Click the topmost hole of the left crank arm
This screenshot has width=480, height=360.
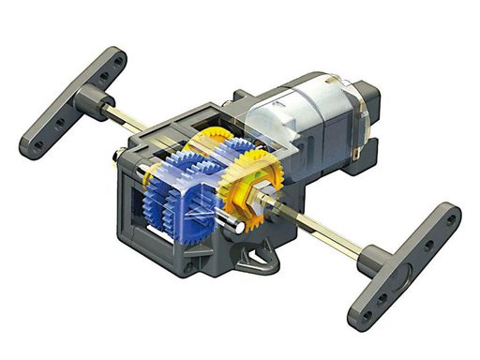point(118,58)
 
